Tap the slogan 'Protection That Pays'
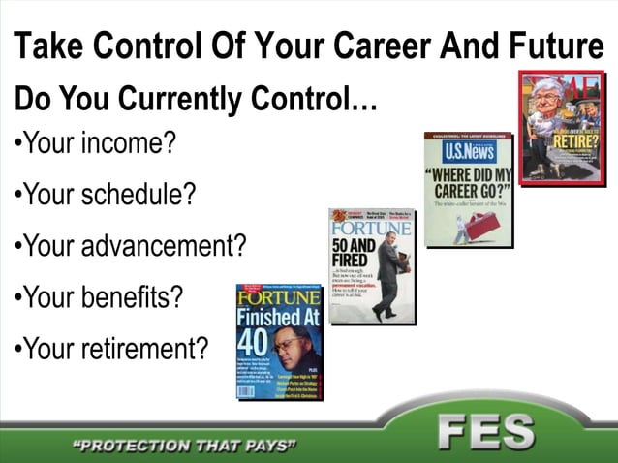[185, 447]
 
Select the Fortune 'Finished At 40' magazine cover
[279, 341]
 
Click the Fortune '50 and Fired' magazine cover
[372, 264]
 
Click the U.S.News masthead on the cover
[469, 152]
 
